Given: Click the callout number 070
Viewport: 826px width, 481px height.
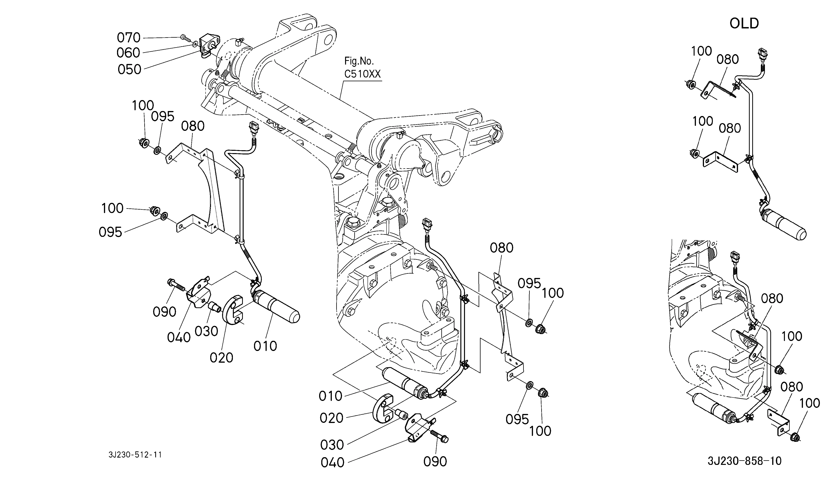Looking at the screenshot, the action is (129, 38).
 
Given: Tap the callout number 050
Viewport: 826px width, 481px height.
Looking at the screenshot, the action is (130, 70).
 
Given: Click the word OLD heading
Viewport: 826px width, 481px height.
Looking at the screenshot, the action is (744, 24).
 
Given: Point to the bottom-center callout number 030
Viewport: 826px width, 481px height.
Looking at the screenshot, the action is (332, 445).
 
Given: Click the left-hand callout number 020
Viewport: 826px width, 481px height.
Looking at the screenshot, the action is (222, 357).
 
